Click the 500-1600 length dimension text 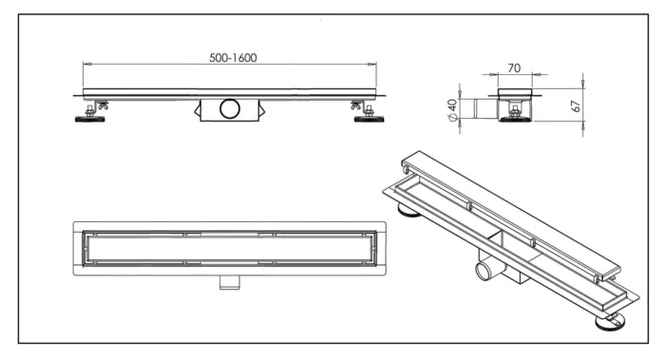(x=233, y=57)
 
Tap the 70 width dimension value (x=514, y=67)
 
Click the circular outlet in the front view (x=231, y=108)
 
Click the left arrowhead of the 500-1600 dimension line (x=88, y=65)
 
